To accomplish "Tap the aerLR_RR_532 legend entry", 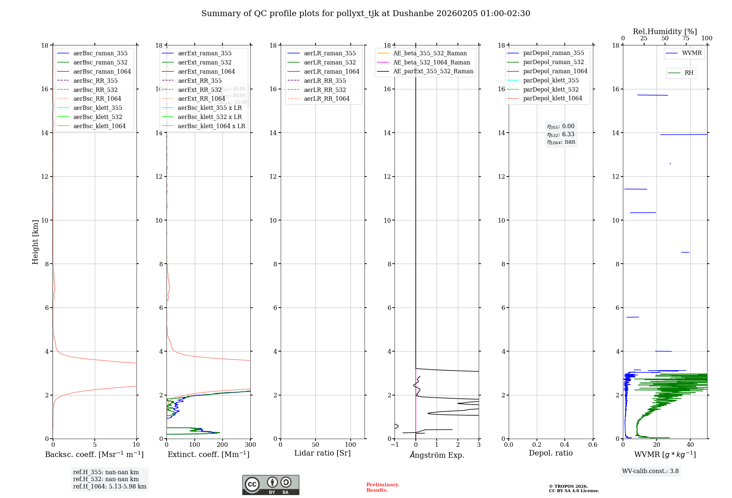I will coord(325,90).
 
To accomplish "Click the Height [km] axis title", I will coord(35,242).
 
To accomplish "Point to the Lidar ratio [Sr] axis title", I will coord(322,453).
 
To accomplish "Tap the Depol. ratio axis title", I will coord(551,453).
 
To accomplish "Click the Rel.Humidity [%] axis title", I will coord(665,31).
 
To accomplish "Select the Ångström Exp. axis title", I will coord(437,455).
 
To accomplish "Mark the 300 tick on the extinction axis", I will coord(251,445).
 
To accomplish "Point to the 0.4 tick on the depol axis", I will coord(565,445).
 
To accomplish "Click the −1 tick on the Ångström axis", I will coord(395,445).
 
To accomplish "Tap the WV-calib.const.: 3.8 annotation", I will coord(650,471).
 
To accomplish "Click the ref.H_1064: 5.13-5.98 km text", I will coord(110,487).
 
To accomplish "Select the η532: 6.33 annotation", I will coord(561,134).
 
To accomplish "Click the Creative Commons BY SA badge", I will coord(271,485).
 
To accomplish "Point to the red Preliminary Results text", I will coord(382,487).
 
